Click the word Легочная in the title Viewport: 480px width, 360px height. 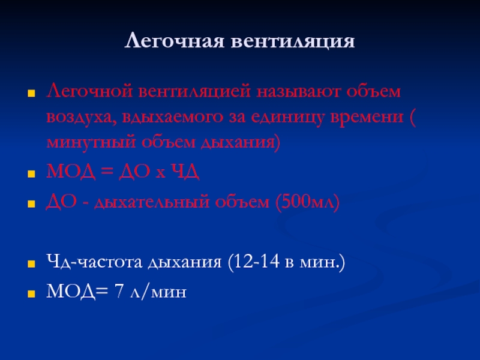point(174,41)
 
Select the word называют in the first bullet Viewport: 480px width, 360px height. point(298,92)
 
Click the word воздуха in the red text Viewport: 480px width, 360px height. point(82,117)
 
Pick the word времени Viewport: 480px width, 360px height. point(367,116)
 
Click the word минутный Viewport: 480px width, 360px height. point(91,142)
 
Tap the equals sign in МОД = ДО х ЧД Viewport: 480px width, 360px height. point(107,172)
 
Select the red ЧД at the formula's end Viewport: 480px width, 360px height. point(185,172)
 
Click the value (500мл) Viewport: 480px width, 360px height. point(308,202)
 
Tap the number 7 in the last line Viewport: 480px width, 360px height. point(119,291)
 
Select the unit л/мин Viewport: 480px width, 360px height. point(158,291)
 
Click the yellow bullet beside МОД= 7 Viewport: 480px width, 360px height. point(31,294)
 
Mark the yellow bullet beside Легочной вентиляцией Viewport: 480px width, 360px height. point(31,94)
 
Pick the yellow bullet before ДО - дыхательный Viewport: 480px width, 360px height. point(31,204)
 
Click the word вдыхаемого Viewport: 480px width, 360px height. point(173,117)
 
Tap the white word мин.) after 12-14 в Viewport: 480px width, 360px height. point(322,262)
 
